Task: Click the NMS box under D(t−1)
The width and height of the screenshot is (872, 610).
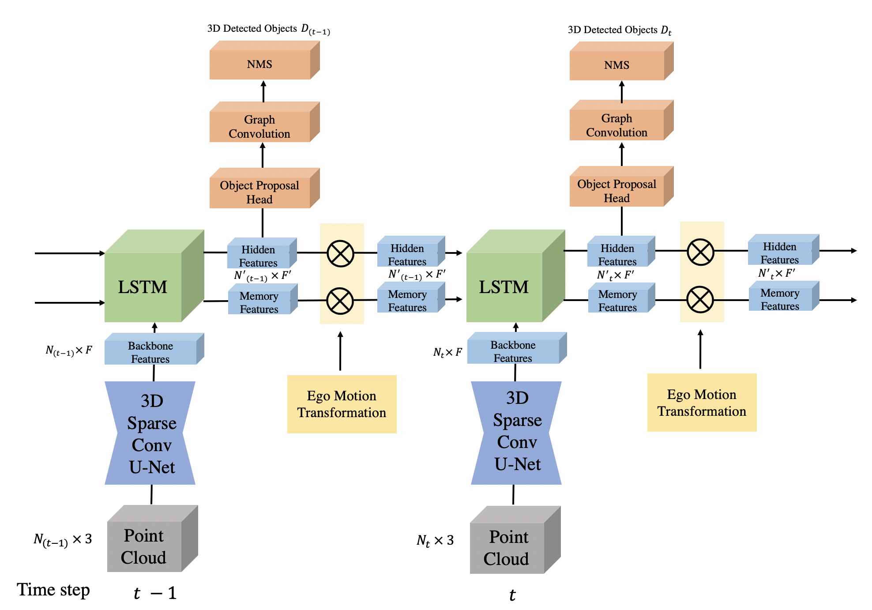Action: pyautogui.click(x=264, y=60)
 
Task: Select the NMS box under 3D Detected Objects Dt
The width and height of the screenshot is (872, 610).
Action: pyautogui.click(x=621, y=61)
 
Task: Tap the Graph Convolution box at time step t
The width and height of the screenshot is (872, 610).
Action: pyautogui.click(x=621, y=120)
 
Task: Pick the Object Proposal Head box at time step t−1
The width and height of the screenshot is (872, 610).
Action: pyautogui.click(x=264, y=188)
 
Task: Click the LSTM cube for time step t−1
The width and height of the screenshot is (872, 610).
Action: pyautogui.click(x=154, y=276)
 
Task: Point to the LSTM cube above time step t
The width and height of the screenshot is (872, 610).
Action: pyautogui.click(x=515, y=276)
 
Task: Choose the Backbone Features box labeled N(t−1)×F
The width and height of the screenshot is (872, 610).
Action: pyautogui.click(x=154, y=349)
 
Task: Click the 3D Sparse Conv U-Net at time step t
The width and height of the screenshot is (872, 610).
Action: pyautogui.click(x=516, y=433)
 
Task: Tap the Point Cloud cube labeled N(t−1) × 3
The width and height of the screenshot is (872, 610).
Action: pyautogui.click(x=152, y=538)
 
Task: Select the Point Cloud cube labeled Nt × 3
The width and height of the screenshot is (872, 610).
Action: pyautogui.click(x=515, y=540)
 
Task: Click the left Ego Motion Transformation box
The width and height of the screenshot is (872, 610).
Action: pyautogui.click(x=342, y=404)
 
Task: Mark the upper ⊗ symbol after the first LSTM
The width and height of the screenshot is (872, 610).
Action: pyautogui.click(x=340, y=254)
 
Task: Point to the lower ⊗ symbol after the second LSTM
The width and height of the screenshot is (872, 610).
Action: pyautogui.click(x=700, y=300)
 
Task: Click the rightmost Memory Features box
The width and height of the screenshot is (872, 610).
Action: pyautogui.click(x=784, y=296)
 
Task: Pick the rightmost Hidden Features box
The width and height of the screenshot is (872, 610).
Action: pyautogui.click(x=784, y=249)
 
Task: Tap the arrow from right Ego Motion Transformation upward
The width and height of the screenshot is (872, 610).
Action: pyautogui.click(x=700, y=349)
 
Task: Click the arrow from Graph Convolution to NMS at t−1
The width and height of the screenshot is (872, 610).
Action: pyautogui.click(x=263, y=91)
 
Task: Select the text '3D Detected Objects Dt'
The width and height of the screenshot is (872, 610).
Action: pyautogui.click(x=620, y=30)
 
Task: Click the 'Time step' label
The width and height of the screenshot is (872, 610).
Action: pyautogui.click(x=53, y=590)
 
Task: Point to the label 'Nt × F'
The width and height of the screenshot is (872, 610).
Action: pyautogui.click(x=447, y=352)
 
